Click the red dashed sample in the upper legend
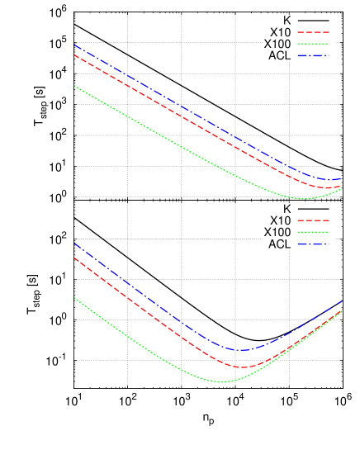click(313, 32)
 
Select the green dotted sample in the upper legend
click(313, 44)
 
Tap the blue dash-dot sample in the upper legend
click(313, 56)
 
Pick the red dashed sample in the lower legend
click(313, 220)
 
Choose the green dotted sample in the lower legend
click(313, 233)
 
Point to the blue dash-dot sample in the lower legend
click(313, 244)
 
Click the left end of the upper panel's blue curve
click(74, 45)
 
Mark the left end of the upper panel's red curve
click(74, 55)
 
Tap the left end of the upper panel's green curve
click(74, 86)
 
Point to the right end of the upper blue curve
click(342, 178)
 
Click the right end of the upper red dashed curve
click(342, 187)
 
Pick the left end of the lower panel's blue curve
click(74, 243)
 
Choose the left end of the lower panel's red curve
click(74, 258)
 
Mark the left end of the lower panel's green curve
click(74, 297)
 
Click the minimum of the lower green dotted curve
click(222, 381)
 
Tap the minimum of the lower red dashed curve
click(241, 367)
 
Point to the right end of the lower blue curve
click(343, 300)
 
